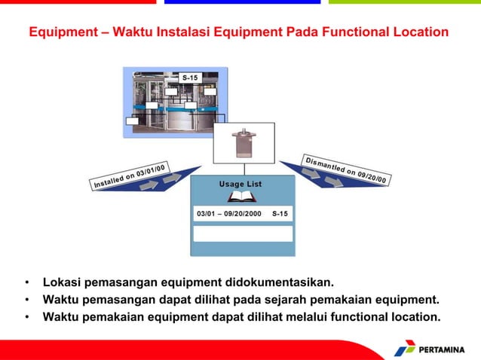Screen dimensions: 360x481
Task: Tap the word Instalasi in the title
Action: click(173, 33)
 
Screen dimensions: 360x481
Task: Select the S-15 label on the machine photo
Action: click(191, 78)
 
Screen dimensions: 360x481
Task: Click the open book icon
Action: click(242, 197)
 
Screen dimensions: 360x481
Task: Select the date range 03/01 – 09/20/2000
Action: click(229, 214)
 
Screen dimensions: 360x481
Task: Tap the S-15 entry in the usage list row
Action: click(280, 214)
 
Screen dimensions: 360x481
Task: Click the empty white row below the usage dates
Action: click(242, 233)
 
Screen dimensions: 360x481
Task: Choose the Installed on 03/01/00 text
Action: click(129, 175)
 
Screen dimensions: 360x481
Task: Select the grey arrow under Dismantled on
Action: click(311, 174)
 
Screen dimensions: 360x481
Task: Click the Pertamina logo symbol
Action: click(405, 349)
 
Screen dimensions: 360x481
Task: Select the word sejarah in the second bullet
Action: click(283, 300)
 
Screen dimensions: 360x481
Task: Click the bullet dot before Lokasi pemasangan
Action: click(27, 284)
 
